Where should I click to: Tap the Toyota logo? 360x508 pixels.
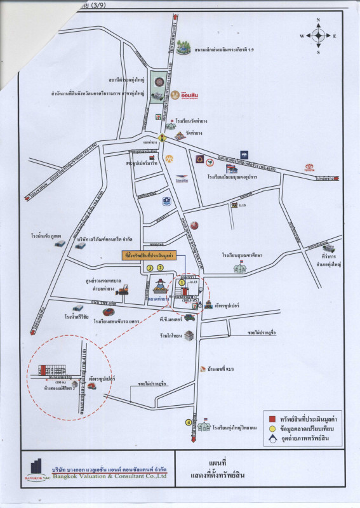coord(309,168)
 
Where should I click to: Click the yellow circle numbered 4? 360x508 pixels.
coord(188,422)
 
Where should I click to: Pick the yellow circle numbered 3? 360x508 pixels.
coord(150,268)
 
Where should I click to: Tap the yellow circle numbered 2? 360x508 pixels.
coord(161,268)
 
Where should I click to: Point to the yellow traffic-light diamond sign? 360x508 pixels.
coord(163,136)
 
